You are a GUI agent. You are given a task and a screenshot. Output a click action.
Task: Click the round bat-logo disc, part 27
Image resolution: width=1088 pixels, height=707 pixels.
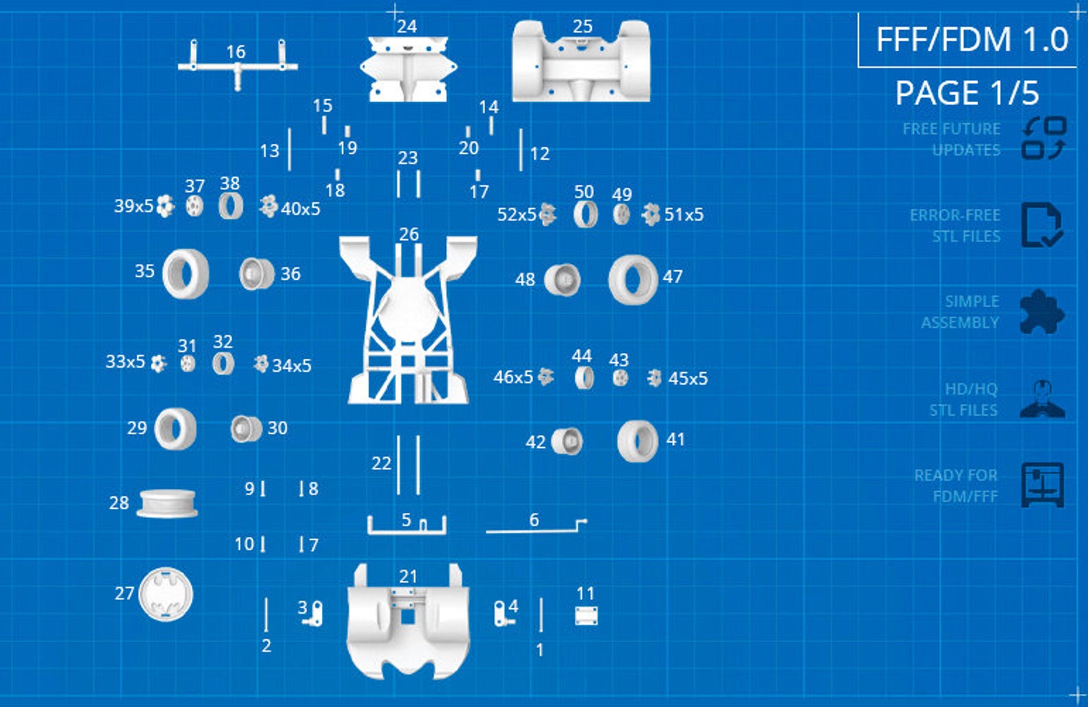coord(166,594)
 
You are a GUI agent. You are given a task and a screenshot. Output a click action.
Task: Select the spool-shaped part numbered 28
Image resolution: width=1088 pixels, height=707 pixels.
coord(167,504)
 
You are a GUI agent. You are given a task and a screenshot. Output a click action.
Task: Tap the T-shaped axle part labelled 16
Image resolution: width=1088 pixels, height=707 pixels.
coord(238,67)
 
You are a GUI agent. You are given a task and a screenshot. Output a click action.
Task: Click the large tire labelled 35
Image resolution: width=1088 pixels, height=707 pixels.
coord(186,274)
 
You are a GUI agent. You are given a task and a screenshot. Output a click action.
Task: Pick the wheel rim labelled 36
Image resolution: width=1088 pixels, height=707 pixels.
coord(256,274)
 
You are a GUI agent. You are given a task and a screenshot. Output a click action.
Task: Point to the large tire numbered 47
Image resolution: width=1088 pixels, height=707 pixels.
coord(633,280)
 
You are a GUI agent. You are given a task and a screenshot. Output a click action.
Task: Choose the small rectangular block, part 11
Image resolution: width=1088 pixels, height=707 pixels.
coord(586,616)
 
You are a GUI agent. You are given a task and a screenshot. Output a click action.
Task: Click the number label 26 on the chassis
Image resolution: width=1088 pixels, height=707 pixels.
coord(408,235)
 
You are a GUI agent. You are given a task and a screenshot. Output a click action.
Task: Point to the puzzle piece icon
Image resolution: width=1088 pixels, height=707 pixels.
coord(1042,312)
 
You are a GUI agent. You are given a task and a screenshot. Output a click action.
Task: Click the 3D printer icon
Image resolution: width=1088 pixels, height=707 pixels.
coord(1042,485)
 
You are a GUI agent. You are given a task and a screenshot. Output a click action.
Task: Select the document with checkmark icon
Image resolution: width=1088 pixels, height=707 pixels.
coord(1042,225)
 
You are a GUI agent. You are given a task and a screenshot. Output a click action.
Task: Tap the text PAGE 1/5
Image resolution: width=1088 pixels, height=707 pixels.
coord(967,93)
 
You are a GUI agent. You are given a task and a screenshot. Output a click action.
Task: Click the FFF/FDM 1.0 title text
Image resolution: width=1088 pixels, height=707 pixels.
coord(972,39)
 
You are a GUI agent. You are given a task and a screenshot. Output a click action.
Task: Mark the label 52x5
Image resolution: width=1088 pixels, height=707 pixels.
coord(517,215)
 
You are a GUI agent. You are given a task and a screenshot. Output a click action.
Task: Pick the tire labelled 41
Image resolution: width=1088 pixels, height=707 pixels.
coord(638,441)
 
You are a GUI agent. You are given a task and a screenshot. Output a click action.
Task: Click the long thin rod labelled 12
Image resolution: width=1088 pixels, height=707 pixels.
coord(521,149)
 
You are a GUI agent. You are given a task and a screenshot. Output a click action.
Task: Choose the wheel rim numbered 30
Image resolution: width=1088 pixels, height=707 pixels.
coord(246,429)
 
